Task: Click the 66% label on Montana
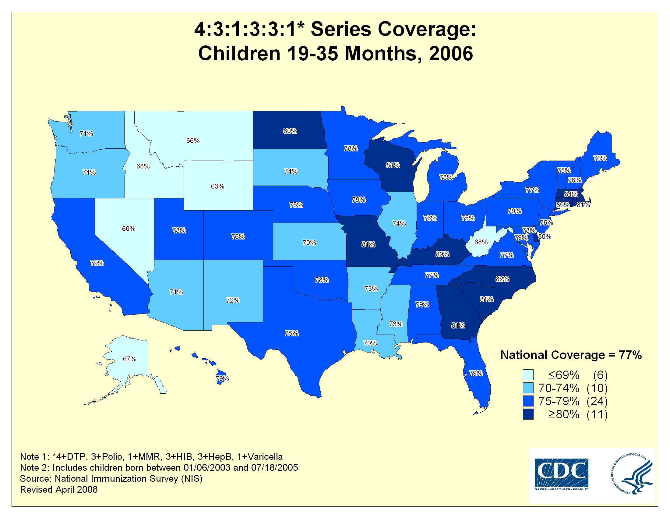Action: coord(193,140)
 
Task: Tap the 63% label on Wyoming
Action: coord(217,186)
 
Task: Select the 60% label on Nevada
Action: coord(129,229)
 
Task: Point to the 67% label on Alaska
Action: coord(129,359)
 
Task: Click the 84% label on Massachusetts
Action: coord(571,194)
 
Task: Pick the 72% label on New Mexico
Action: coord(233,300)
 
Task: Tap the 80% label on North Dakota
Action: coord(290,131)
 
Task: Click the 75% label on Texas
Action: coord(291,333)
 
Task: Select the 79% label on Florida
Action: coord(476,374)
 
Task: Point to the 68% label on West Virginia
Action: coord(481,242)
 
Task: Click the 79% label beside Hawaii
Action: coord(222,378)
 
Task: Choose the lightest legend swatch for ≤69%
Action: coord(528,375)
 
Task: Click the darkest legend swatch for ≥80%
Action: coord(528,414)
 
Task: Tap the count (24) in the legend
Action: coord(597,401)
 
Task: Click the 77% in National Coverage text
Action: coord(630,355)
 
